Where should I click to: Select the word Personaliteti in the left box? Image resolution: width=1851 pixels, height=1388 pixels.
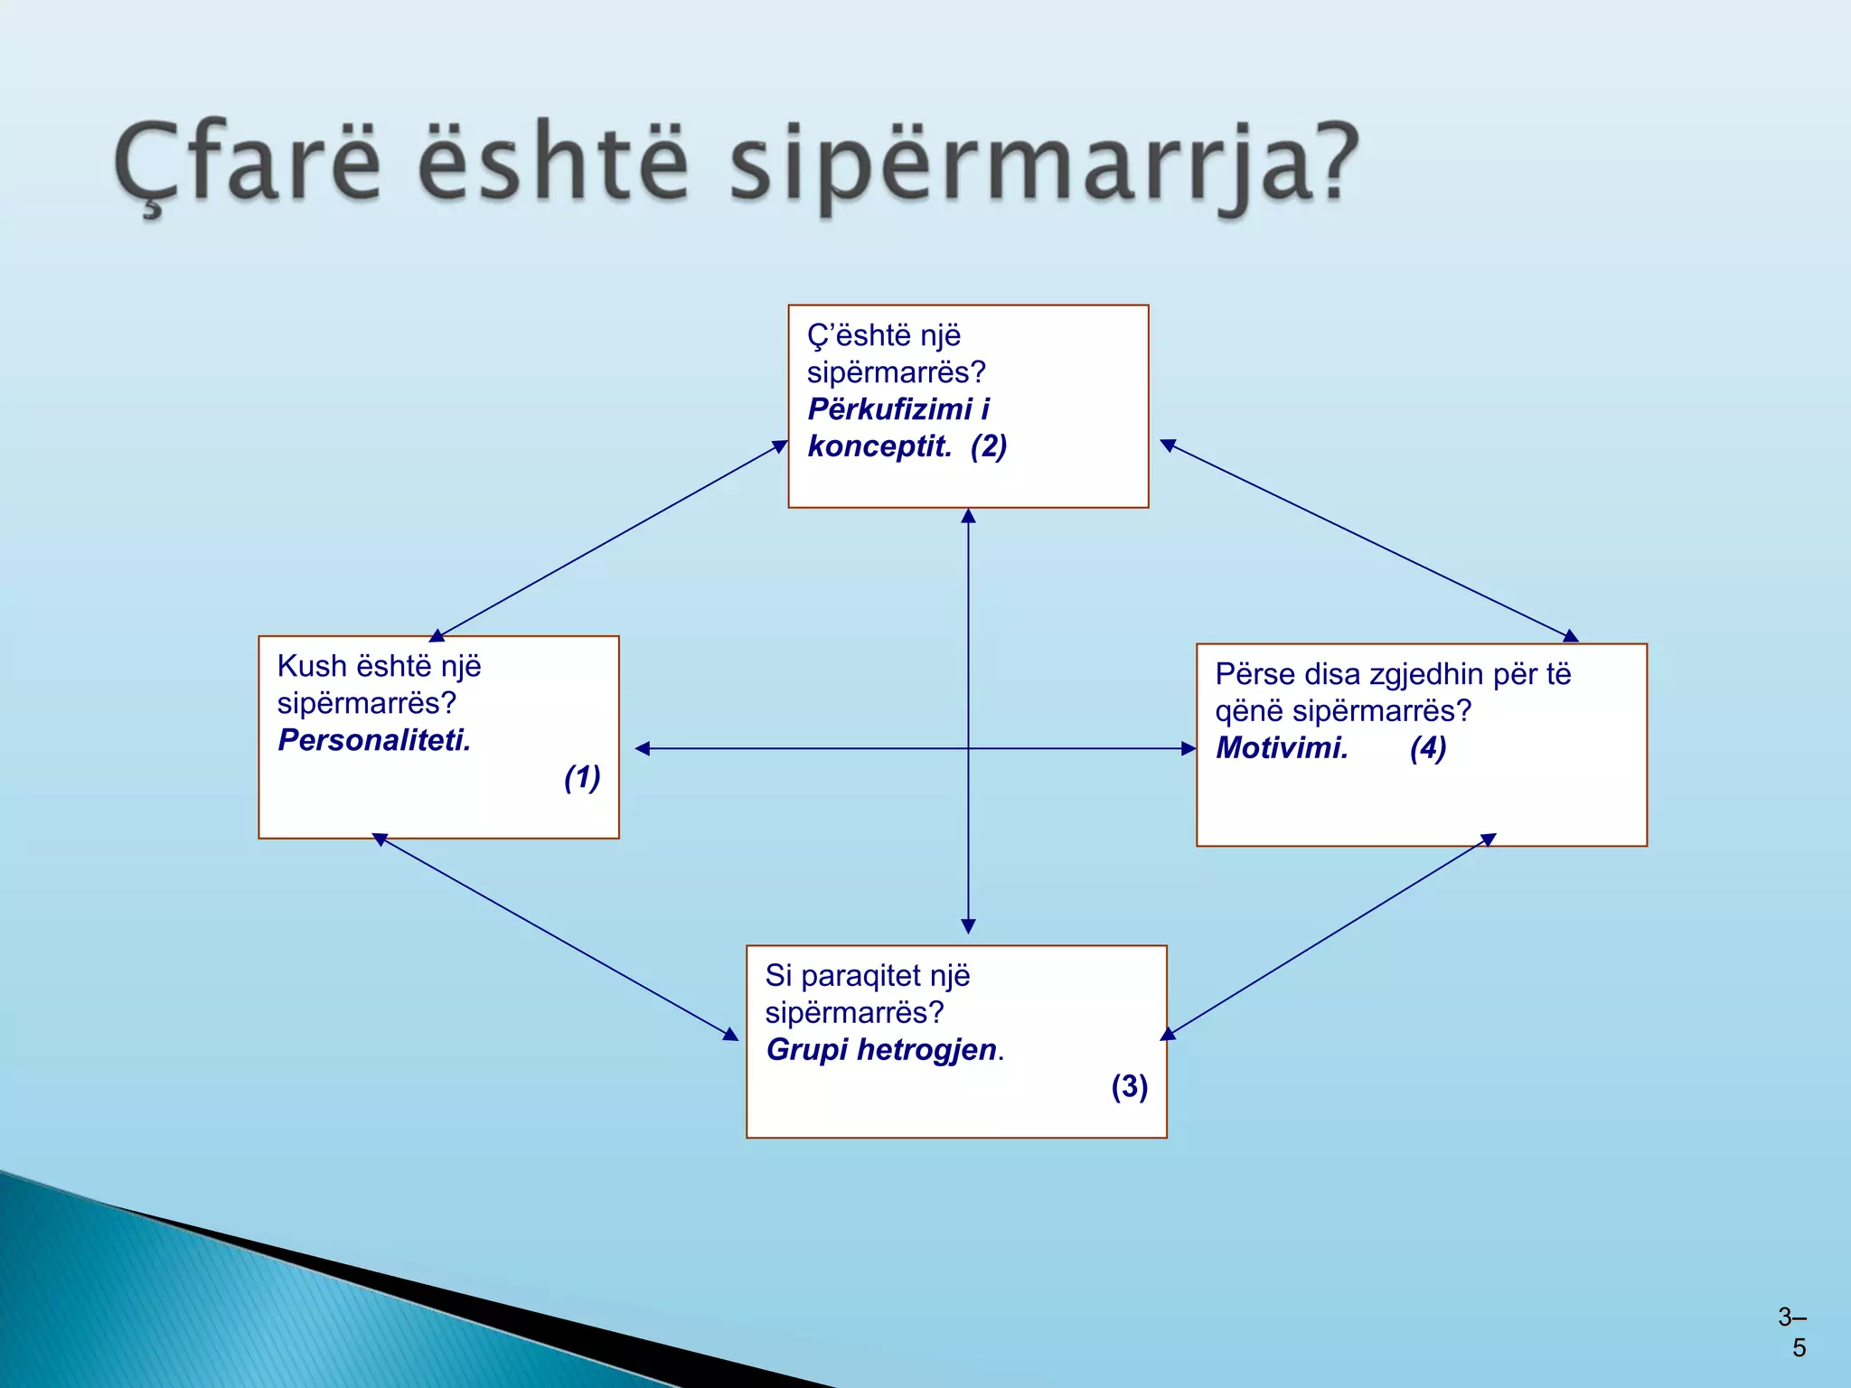(x=373, y=740)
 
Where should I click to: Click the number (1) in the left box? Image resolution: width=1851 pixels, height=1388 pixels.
(x=582, y=777)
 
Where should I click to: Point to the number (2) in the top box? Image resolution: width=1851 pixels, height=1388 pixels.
(x=989, y=445)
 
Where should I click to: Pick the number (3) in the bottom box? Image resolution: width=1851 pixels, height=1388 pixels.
(x=1129, y=1085)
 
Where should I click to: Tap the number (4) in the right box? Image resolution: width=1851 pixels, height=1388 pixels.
(x=1428, y=747)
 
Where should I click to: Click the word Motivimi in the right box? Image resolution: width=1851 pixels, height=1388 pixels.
(x=1281, y=747)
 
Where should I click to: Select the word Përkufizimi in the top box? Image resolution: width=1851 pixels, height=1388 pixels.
(x=889, y=408)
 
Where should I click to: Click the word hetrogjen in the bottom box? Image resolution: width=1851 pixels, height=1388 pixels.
(x=926, y=1049)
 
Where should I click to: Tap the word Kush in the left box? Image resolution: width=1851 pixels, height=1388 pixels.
(x=312, y=666)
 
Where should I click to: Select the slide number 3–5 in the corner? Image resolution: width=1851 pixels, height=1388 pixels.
(x=1793, y=1333)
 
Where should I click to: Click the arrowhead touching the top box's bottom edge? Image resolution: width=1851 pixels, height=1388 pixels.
(x=968, y=516)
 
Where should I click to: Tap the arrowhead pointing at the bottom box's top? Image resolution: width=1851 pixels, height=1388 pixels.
(x=968, y=926)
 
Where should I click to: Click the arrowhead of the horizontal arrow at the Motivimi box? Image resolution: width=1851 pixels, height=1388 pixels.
(x=1189, y=748)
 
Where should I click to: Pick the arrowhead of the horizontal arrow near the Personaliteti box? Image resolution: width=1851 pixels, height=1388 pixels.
(x=643, y=748)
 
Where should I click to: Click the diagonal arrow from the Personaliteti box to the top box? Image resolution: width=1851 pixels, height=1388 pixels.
(x=611, y=540)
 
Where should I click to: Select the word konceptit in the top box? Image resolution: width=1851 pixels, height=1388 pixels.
(x=879, y=445)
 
